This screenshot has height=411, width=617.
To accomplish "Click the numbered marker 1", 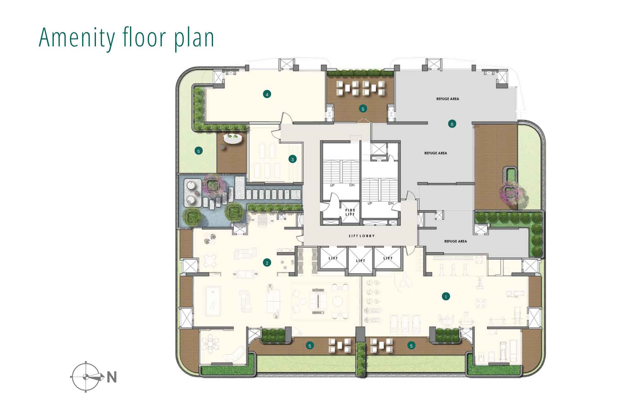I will point(446,297).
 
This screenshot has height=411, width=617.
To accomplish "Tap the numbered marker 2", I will point(267,263).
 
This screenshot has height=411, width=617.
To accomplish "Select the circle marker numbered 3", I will point(293,159).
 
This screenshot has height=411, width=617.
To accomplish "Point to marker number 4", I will point(267,94).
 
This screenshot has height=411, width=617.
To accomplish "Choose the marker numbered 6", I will point(452,124).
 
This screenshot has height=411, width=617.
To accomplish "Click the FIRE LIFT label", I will point(350,212).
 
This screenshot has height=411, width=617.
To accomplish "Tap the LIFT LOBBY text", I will point(362,236).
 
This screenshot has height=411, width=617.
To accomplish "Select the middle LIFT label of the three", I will point(360,261).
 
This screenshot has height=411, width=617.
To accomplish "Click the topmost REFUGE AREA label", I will point(448,99).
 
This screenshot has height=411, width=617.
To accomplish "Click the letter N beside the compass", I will point(112,377).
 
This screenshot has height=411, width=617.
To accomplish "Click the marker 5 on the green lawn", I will point(199,151).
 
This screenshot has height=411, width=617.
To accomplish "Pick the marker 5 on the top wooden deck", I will point(363,109).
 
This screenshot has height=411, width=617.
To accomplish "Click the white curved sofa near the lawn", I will point(233,138).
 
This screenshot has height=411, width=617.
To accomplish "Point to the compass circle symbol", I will point(86,377).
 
